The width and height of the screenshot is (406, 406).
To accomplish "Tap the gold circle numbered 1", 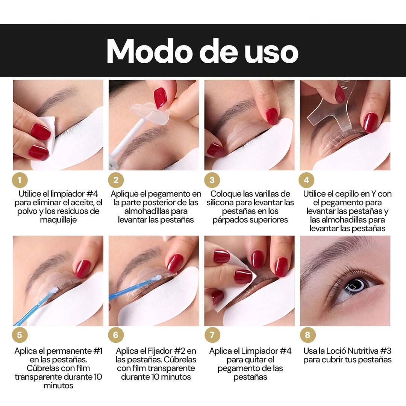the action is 20,180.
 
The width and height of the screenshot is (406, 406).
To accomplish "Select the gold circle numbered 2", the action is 116,180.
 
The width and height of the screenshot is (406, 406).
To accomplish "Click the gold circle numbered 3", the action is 212,180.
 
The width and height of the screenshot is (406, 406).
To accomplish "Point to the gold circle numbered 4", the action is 306,180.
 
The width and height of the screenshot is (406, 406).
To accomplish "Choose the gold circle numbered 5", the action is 20,335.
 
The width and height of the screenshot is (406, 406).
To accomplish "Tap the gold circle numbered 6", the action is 116,335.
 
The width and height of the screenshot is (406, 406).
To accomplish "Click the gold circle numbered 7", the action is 212,335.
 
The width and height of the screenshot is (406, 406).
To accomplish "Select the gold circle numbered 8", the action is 308,335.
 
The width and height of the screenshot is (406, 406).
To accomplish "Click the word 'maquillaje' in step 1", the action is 58,220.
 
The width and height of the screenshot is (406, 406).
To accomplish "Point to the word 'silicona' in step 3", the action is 220,203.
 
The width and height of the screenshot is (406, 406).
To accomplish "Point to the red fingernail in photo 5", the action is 83,269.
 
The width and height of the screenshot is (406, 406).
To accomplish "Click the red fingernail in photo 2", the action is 160,98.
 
